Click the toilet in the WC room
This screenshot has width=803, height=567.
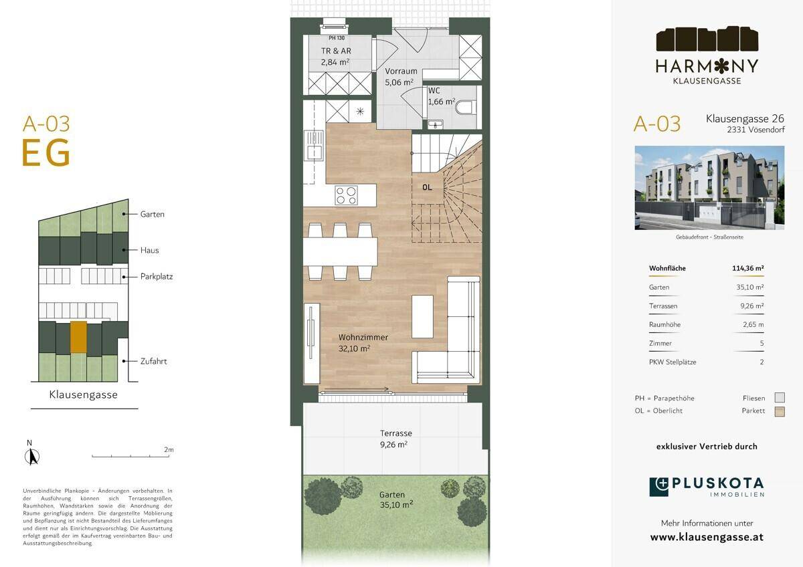[x=466, y=107]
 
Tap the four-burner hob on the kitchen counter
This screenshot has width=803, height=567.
[x=347, y=195]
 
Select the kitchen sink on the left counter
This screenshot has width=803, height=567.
[x=314, y=144]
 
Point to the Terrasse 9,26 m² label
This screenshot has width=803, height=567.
[x=395, y=439]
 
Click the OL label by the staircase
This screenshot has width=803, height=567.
[x=427, y=187]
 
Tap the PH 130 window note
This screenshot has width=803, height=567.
[x=337, y=37]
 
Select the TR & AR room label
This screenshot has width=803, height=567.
[x=336, y=51]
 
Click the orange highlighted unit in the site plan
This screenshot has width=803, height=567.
[x=78, y=337]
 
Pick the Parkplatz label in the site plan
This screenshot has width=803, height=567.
[x=157, y=277]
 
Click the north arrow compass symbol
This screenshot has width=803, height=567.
[x=32, y=457]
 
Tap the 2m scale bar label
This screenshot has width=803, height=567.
[x=169, y=449]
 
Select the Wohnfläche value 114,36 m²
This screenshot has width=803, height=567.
[x=748, y=268]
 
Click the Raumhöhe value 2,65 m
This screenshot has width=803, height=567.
[x=753, y=324]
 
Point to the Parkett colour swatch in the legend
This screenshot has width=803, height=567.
[x=780, y=412]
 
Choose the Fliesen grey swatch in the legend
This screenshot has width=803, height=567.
[x=780, y=398]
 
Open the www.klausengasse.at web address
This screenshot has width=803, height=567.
[x=707, y=537]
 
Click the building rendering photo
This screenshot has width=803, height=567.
[x=709, y=188]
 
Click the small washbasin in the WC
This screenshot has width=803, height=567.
[x=436, y=124]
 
